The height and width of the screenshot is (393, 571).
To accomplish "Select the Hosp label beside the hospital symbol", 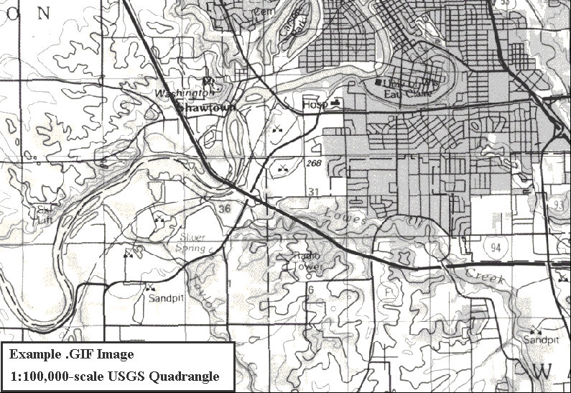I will point(314,105).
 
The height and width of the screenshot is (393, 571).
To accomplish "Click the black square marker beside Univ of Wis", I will point(379,82).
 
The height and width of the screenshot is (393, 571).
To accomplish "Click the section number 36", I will point(226,208).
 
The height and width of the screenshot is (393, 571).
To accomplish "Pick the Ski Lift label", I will point(45,215).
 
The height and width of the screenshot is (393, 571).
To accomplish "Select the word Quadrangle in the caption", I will point(185,376).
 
